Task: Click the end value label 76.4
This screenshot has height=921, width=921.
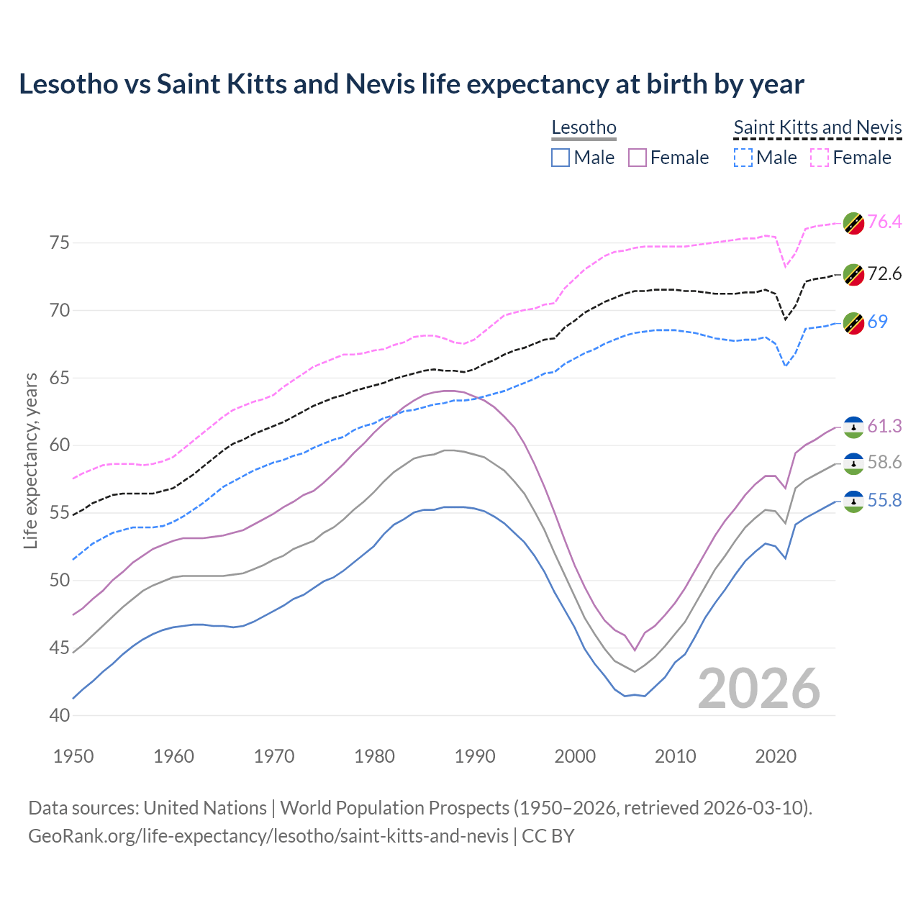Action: [x=884, y=222]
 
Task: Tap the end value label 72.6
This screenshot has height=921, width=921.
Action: [x=884, y=273]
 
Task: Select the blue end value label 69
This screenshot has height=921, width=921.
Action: [x=877, y=322]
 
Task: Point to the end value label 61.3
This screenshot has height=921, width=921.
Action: [x=884, y=426]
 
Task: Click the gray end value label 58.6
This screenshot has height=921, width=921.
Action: [x=884, y=462]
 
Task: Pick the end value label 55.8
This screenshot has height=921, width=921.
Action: [x=884, y=500]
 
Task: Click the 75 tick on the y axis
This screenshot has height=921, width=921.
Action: [x=60, y=242]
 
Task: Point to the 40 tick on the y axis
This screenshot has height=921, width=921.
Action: [x=60, y=715]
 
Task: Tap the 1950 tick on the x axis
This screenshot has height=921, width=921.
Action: [x=73, y=756]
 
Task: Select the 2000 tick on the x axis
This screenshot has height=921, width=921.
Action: [x=575, y=756]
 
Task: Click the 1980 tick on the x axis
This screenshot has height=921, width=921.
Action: [x=374, y=756]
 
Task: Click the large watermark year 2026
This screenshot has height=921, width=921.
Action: [x=759, y=689]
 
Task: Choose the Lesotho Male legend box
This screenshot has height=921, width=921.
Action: [x=561, y=158]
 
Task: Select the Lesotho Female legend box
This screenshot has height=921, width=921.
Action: [x=638, y=158]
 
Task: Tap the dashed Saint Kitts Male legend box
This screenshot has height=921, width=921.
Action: [x=743, y=158]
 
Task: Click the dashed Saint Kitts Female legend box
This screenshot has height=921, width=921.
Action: [x=820, y=158]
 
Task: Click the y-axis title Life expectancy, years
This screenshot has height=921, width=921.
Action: [x=30, y=460]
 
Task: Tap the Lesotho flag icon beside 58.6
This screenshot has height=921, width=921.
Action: [x=853, y=463]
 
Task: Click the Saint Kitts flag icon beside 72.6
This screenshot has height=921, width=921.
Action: [x=853, y=274]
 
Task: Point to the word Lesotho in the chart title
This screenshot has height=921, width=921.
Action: [x=68, y=84]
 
